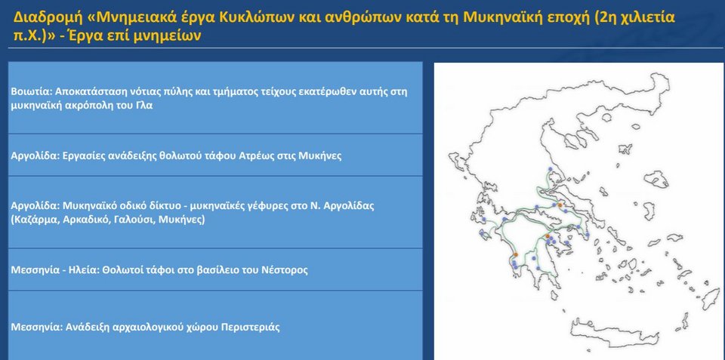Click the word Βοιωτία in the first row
pyautogui.click(x=26, y=91)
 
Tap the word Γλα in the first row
pyautogui.click(x=144, y=106)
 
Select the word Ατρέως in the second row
pyautogui.click(x=255, y=155)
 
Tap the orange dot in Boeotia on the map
pyautogui.click(x=560, y=205)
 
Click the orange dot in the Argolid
pyautogui.click(x=548, y=236)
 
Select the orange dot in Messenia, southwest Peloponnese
pyautogui.click(x=516, y=254)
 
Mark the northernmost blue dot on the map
pyautogui.click(x=550, y=168)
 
